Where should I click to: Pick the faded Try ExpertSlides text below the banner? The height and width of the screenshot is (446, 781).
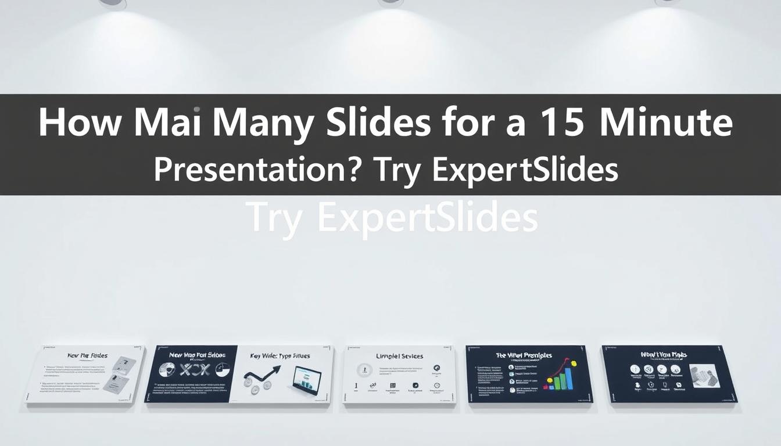(391, 218)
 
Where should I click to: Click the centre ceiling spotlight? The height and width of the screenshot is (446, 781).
(390, 3)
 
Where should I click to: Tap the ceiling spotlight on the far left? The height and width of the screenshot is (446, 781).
(113, 3)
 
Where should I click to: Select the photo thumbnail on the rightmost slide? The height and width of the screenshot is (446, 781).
(704, 376)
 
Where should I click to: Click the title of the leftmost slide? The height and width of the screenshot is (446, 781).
(87, 355)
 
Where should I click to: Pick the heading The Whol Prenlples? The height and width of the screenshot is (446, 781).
(524, 355)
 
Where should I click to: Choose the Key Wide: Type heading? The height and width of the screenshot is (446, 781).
(280, 355)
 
